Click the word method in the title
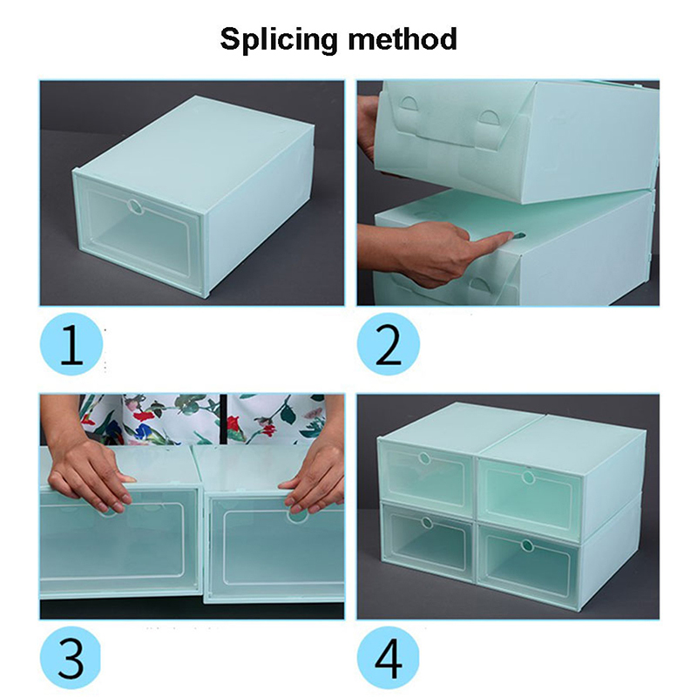coord(403,38)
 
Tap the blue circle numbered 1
coord(71,344)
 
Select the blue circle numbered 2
coord(388,344)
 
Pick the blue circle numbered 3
coord(71,658)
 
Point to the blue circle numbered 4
coord(388,658)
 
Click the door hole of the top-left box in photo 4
coord(424,458)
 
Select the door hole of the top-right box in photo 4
coord(528,477)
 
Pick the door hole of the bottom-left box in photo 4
coord(426,522)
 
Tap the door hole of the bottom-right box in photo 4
coord(527,545)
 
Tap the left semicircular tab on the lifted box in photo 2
coord(409,104)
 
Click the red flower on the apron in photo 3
coord(143,416)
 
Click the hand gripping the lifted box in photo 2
coord(368,129)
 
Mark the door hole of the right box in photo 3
coord(297,516)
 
